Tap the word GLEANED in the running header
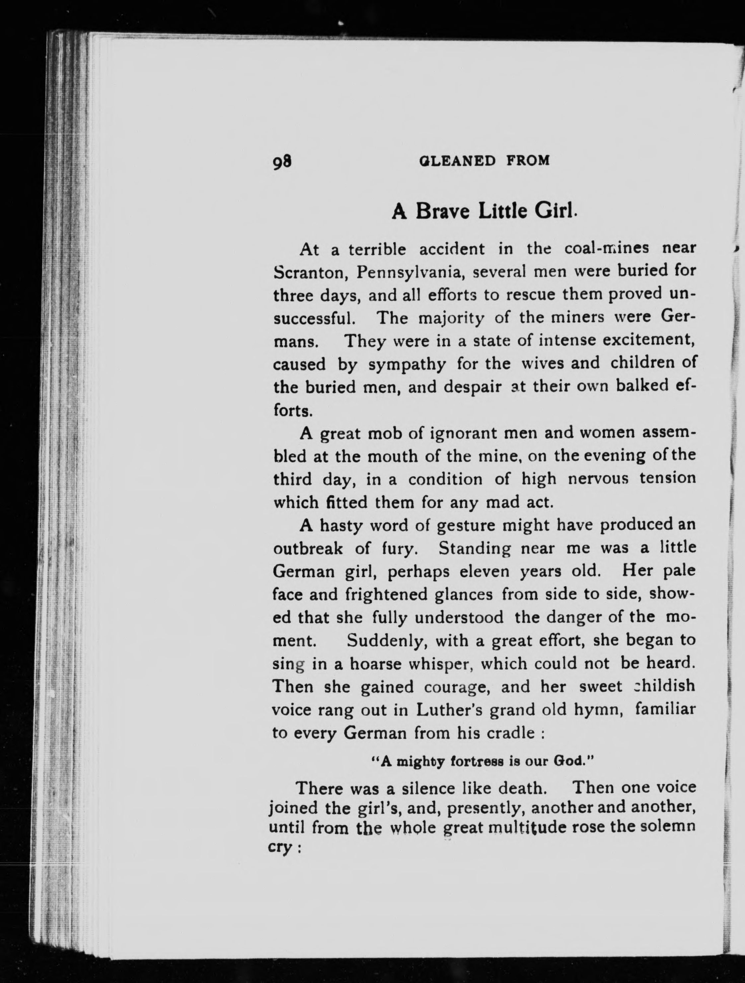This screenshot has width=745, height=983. pos(457,160)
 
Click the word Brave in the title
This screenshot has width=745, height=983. pos(442,211)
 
